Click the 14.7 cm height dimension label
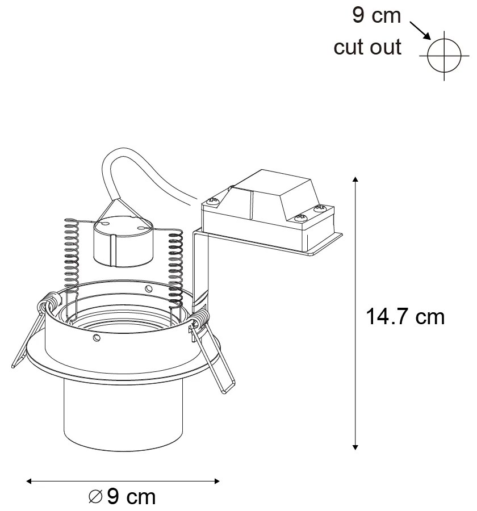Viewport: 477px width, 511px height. tap(404, 317)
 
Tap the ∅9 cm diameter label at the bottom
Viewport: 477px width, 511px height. tap(122, 497)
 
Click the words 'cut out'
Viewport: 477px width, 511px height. tap(367, 47)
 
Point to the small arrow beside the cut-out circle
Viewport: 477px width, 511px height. tap(419, 31)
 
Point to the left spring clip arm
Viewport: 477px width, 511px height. tap(26, 335)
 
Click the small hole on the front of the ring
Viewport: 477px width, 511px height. tap(97, 338)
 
